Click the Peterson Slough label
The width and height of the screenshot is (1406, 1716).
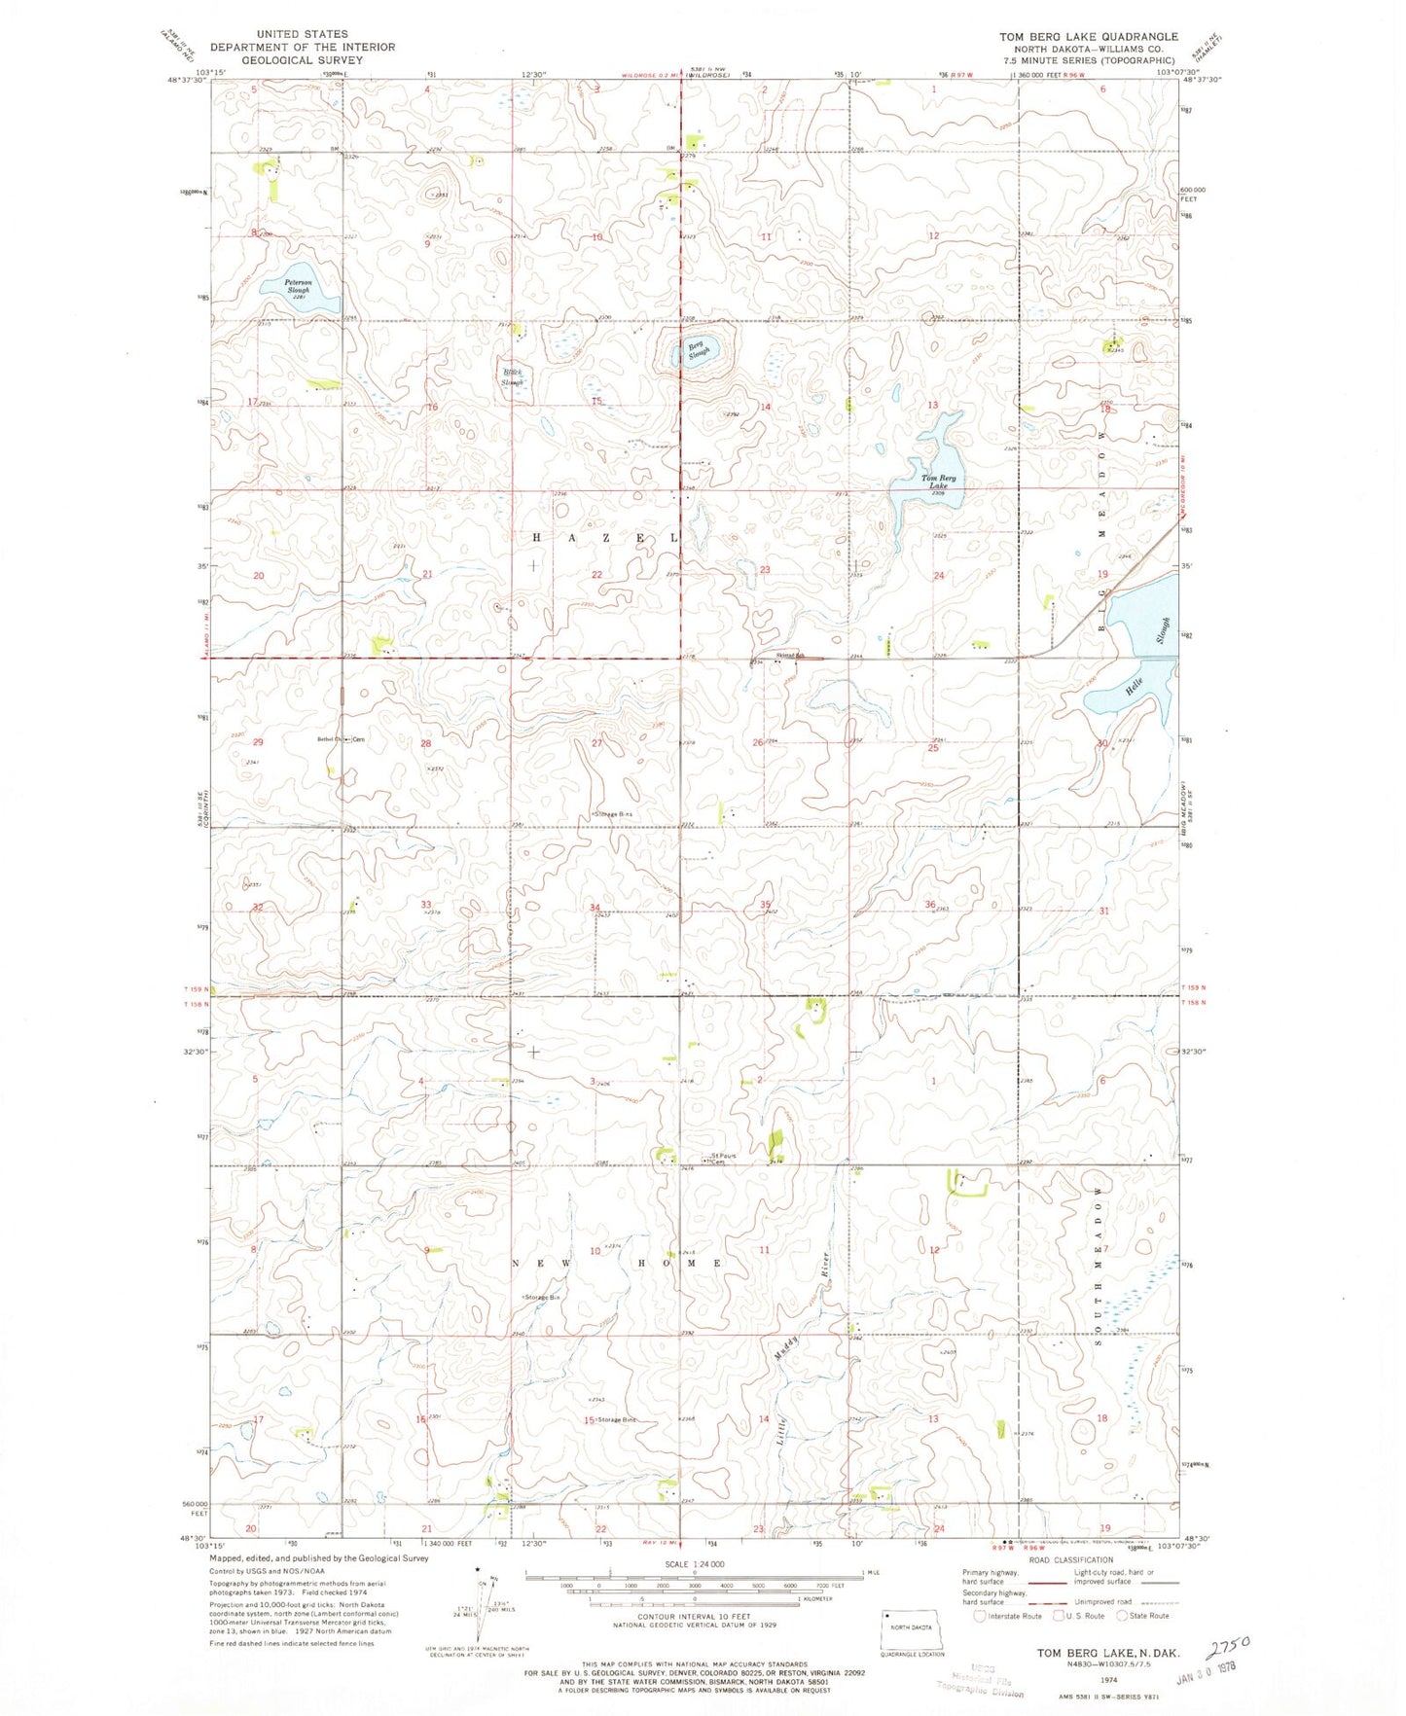pyautogui.click(x=298, y=287)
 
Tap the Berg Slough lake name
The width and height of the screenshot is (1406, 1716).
pyautogui.click(x=698, y=350)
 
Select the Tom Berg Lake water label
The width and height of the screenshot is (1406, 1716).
pyautogui.click(x=939, y=482)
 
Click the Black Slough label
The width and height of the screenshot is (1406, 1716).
pyautogui.click(x=512, y=377)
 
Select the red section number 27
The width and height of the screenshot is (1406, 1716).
pyautogui.click(x=597, y=742)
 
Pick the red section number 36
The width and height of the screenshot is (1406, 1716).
pyautogui.click(x=931, y=905)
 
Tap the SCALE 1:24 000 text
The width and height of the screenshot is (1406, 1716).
pyautogui.click(x=695, y=1563)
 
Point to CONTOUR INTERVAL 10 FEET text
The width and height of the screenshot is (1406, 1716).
pyautogui.click(x=694, y=1616)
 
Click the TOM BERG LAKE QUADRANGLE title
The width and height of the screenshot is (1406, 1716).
pyautogui.click(x=1088, y=37)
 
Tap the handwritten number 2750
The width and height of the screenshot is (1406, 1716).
pyautogui.click(x=1228, y=1645)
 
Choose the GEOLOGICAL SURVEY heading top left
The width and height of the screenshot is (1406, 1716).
pyautogui.click(x=302, y=59)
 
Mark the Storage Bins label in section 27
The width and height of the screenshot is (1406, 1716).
pyautogui.click(x=613, y=813)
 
